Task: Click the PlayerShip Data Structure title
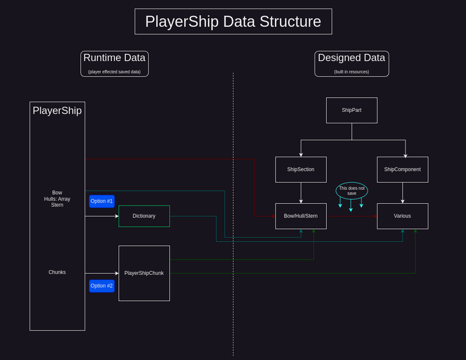click(x=233, y=22)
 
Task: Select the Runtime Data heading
click(x=114, y=58)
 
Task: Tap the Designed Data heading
click(x=352, y=58)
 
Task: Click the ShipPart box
click(x=352, y=110)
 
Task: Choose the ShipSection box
click(x=301, y=169)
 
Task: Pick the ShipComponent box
click(x=402, y=169)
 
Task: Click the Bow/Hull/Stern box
click(x=301, y=216)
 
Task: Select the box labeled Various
click(x=402, y=216)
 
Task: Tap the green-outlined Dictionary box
click(x=144, y=216)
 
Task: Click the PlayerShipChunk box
click(x=144, y=273)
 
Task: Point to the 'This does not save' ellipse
click(x=352, y=191)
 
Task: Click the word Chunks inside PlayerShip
click(x=57, y=273)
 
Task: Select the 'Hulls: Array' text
click(x=57, y=199)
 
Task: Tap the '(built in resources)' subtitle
click(x=352, y=72)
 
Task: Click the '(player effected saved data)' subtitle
click(x=114, y=72)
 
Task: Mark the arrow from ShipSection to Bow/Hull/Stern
click(x=301, y=192)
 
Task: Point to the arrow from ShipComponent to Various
click(x=402, y=192)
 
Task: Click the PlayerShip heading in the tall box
click(x=57, y=111)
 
